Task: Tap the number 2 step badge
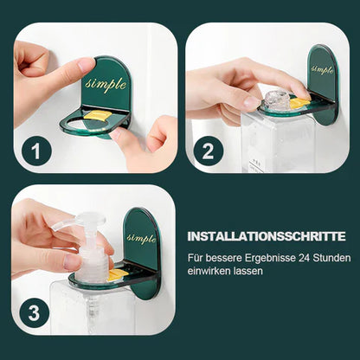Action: (209, 152)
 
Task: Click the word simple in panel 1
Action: (106, 85)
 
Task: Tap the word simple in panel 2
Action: (322, 69)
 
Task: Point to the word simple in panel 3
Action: (141, 237)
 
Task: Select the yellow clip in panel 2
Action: (298, 104)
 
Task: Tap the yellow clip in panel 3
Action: (115, 275)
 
